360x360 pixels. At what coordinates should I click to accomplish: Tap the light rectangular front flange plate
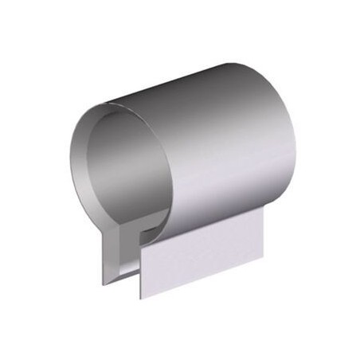coord(203,255)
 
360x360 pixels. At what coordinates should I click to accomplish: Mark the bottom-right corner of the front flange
coord(263,260)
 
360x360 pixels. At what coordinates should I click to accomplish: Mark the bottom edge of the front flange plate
coord(203,280)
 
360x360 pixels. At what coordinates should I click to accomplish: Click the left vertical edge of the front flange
coord(141,271)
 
